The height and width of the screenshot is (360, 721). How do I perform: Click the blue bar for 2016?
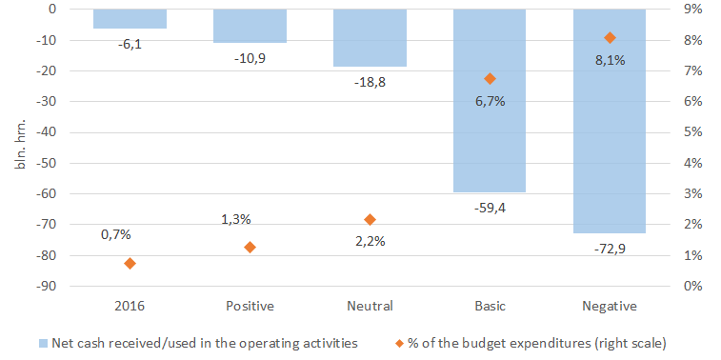pos(130,19)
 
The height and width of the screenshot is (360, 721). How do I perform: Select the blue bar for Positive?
pos(250,27)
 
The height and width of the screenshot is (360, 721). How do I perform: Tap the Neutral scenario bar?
pos(370,38)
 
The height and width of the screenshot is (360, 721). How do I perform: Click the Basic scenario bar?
pos(490,101)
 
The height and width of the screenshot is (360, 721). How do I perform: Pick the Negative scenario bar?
pos(610,121)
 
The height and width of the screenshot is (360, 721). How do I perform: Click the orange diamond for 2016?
pos(130,264)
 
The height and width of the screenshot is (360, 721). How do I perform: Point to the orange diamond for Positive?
pos(250,248)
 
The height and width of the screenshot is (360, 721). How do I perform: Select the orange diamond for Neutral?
pos(370,219)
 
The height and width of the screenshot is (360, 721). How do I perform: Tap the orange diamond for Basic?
pos(491,79)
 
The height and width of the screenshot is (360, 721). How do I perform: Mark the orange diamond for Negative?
pos(611,38)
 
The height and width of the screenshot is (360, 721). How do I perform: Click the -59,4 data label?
pos(490,208)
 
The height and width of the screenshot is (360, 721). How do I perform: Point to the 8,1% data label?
pos(610,60)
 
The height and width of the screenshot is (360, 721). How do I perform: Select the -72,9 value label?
pos(610,249)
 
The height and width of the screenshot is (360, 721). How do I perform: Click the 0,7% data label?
pos(116,234)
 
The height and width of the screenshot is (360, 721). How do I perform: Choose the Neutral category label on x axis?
pos(370,307)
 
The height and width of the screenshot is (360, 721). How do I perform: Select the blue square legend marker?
pos(44,343)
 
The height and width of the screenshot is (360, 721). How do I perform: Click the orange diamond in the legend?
pos(400,343)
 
